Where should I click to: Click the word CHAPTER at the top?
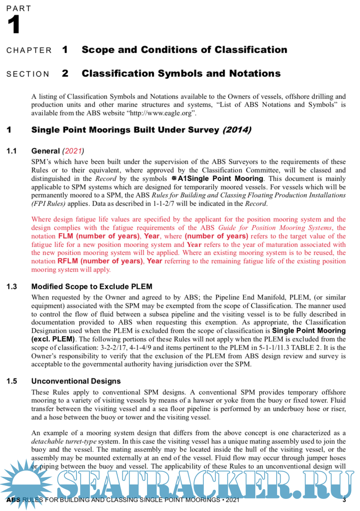pyautogui.click(x=29, y=51)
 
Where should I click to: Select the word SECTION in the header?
pyautogui.click(x=28, y=74)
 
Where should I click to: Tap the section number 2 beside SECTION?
pyautogui.click(x=65, y=74)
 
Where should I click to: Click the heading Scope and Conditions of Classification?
pyautogui.click(x=184, y=50)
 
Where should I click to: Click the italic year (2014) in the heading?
pyautogui.click(x=237, y=130)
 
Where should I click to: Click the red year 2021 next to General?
pyautogui.click(x=73, y=151)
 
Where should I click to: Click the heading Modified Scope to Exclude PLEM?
pyautogui.click(x=92, y=287)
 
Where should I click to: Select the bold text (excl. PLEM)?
pyautogui.click(x=54, y=339)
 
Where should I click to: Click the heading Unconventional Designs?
pyautogui.click(x=76, y=381)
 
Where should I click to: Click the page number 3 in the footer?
pyautogui.click(x=344, y=500)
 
